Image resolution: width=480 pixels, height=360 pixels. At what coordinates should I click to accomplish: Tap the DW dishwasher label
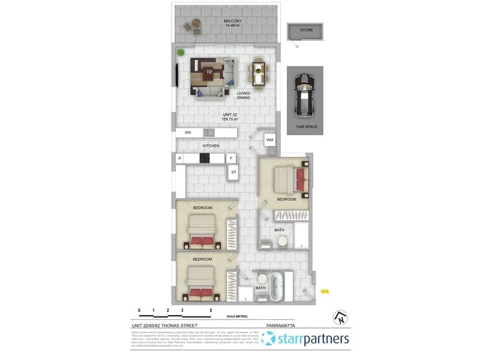click(188, 132)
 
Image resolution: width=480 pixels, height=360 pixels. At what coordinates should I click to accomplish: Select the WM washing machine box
click(269, 139)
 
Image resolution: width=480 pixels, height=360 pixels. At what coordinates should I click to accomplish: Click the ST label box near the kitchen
click(233, 172)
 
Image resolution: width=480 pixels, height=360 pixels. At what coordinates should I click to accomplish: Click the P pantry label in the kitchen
click(179, 158)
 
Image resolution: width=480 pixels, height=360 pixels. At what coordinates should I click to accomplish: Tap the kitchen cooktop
click(205, 158)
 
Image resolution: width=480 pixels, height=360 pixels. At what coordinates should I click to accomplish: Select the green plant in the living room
click(179, 52)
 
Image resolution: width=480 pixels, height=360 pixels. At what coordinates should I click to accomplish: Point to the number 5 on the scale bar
click(211, 311)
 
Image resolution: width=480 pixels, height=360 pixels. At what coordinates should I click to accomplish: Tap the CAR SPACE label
click(307, 127)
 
